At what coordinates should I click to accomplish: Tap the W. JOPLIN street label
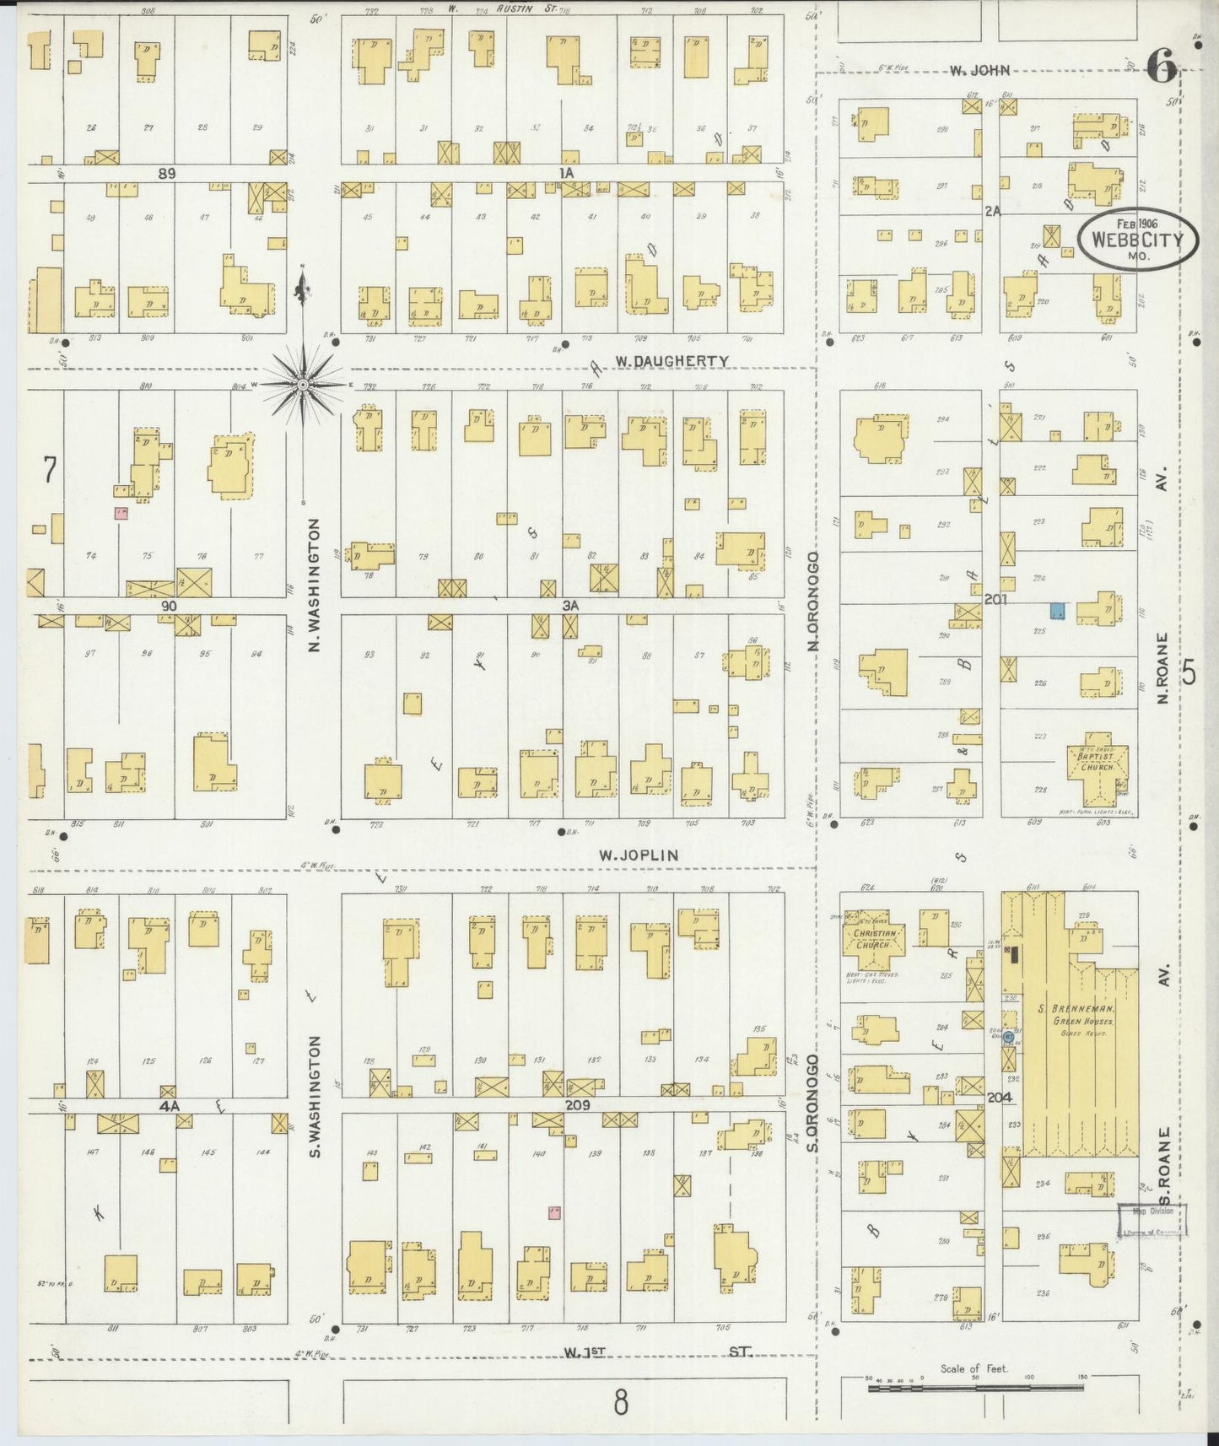click(639, 855)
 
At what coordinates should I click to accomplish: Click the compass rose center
click(303, 385)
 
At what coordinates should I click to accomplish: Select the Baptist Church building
click(1094, 770)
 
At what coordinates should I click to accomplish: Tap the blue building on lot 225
click(1057, 611)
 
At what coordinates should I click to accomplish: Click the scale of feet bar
click(974, 1385)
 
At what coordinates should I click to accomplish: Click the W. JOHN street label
click(979, 71)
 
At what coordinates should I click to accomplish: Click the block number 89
click(166, 172)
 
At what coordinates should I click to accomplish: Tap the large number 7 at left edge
click(49, 470)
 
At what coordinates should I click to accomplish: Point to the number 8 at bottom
click(621, 1404)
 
